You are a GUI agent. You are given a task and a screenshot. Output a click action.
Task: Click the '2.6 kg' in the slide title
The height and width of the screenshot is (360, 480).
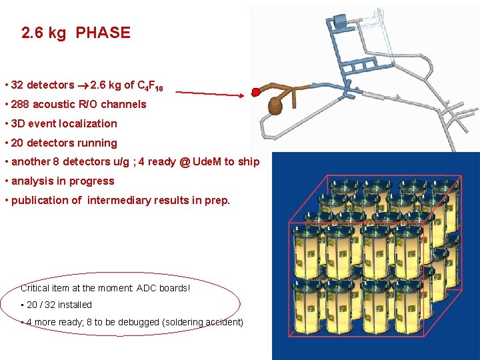pyautogui.click(x=44, y=33)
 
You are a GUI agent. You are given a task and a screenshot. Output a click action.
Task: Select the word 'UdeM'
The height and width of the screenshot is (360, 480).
pyautogui.click(x=207, y=161)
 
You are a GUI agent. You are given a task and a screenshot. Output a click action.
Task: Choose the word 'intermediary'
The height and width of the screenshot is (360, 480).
pyautogui.click(x=117, y=200)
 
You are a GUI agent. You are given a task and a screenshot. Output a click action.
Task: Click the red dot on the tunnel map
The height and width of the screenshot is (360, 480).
pyautogui.click(x=255, y=92)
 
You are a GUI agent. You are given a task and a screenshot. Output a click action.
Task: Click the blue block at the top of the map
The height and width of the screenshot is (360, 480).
pyautogui.click(x=344, y=21)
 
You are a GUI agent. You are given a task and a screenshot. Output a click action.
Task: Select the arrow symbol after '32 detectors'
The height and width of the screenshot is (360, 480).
pyautogui.click(x=83, y=85)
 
